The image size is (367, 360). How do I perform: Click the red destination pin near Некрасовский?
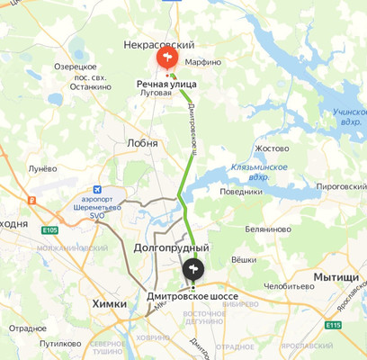pos(166,59)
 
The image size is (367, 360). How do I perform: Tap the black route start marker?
pos(193,268)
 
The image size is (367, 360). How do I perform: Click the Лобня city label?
pos(142,143)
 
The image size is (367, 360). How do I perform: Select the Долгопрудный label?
pos(171,247)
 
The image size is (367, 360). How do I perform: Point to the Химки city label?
pos(110,304)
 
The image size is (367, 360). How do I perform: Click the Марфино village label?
pos(202,62)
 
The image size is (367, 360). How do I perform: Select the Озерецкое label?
pos(75,67)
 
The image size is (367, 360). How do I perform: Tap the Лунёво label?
pos(42,167)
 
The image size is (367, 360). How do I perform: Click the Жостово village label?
pos(271,148)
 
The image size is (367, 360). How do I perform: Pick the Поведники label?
pos(240,191)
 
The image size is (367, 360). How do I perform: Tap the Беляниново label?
pos(266,229)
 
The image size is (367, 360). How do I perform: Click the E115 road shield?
pos(334,325)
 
